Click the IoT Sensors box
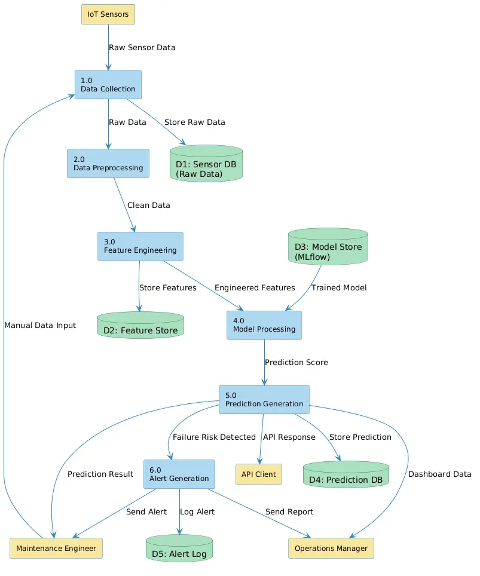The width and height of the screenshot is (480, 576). tap(108, 14)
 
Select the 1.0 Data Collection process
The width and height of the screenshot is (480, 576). tap(108, 84)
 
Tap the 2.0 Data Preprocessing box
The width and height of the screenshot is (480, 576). tap(108, 164)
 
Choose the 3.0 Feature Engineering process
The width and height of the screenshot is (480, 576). tap(140, 247)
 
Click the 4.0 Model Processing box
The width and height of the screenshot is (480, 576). tap(264, 325)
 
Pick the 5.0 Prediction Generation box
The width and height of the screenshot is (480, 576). tap(264, 400)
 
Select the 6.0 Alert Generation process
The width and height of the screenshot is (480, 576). tap(179, 474)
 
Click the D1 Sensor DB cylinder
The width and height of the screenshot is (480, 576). tap(206, 164)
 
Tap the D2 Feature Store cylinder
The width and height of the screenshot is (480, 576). tap(140, 325)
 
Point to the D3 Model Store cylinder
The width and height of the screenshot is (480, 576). tap(328, 247)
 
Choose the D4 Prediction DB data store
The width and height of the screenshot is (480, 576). tap(346, 474)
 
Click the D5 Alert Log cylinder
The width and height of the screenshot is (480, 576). tap(179, 548)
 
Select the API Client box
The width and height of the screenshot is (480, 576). tap(259, 474)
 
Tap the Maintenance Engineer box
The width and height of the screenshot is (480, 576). tap(56, 549)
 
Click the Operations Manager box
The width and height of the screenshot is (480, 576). tap(331, 549)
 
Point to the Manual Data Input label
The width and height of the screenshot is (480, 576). tap(40, 326)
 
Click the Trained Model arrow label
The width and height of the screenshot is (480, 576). tap(339, 287)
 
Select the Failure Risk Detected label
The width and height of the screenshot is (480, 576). tap(214, 437)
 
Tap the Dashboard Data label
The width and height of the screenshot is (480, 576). tap(439, 474)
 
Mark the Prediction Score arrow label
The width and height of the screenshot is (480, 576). tap(296, 363)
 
